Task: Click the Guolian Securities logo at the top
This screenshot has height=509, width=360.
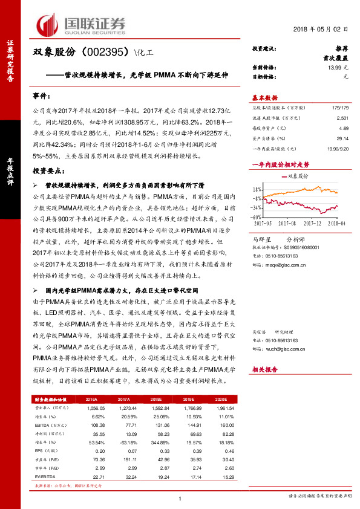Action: (82, 24)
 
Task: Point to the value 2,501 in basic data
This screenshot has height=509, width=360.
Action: (341, 119)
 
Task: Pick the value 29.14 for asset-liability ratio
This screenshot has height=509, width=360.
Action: (342, 138)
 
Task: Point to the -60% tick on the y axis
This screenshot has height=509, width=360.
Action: (256, 216)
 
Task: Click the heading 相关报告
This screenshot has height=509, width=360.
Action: (264, 369)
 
